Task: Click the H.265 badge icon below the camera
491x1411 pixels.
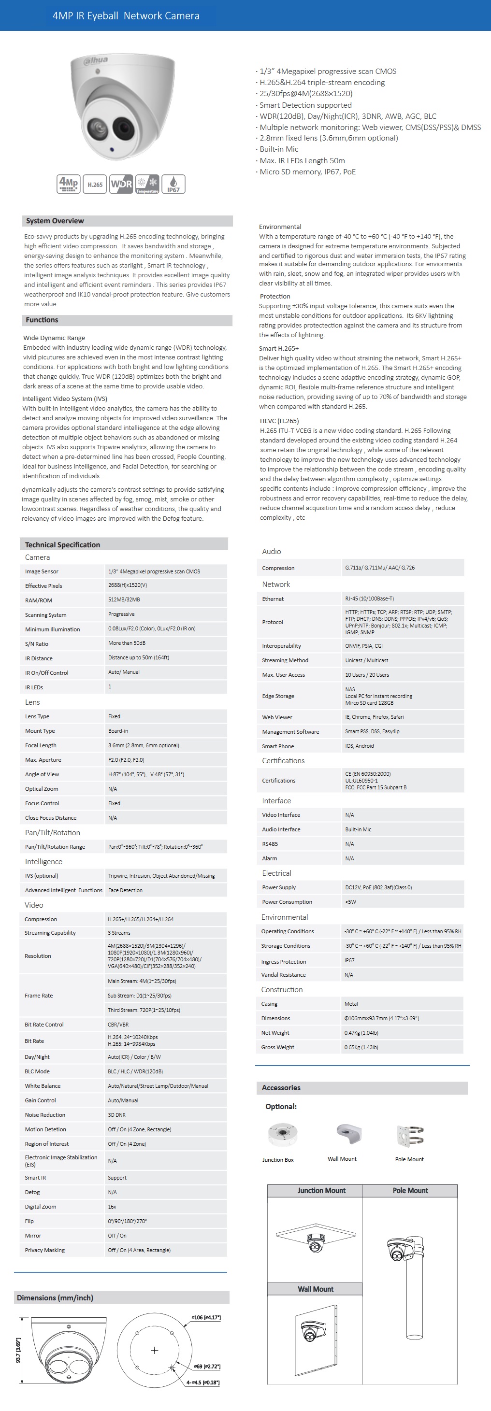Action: [x=95, y=184]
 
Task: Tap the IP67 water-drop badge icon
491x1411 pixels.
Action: [x=173, y=184]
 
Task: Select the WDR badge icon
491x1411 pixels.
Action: [x=121, y=184]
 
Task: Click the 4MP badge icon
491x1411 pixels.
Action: [x=69, y=184]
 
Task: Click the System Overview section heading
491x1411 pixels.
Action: [x=55, y=221]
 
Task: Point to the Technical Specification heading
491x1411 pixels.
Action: [x=62, y=544]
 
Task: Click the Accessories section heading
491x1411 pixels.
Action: [x=281, y=1087]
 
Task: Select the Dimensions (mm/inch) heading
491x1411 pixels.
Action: [x=55, y=1297]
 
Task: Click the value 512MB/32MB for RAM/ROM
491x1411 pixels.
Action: [x=124, y=600]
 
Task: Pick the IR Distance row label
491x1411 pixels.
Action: [x=39, y=658]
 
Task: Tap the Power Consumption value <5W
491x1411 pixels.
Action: [x=351, y=901]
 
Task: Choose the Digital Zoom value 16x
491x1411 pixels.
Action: [x=112, y=1207]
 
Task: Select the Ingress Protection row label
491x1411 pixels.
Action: [x=283, y=961]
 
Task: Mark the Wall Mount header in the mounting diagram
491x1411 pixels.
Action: [x=315, y=1289]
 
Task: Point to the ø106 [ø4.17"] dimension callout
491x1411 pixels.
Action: [x=205, y=1317]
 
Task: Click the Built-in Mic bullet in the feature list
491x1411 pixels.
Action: [x=278, y=149]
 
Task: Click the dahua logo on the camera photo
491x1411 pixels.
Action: [x=96, y=60]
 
